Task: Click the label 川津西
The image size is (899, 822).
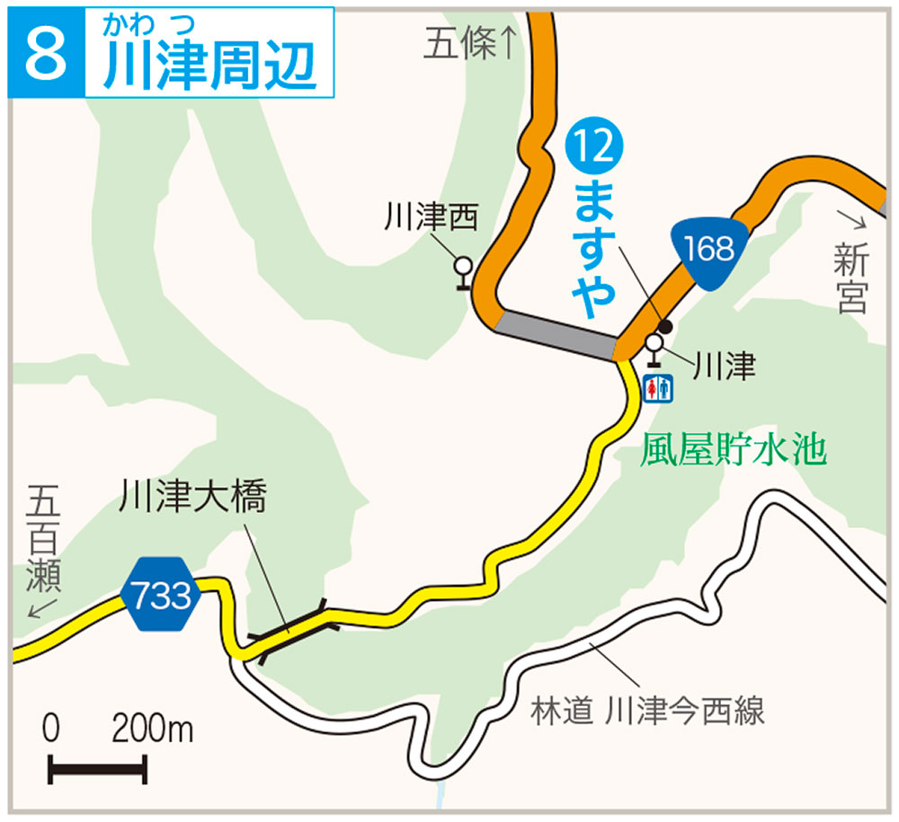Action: pos(432,218)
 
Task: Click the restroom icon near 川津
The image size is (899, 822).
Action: pos(659,387)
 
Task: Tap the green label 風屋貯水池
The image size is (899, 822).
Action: pos(733,451)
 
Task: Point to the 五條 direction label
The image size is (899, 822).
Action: pos(471,45)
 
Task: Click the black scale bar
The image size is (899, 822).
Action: pos(97,769)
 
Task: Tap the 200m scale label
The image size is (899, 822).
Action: pos(152,729)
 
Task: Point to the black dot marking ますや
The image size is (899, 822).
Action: pos(666,325)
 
